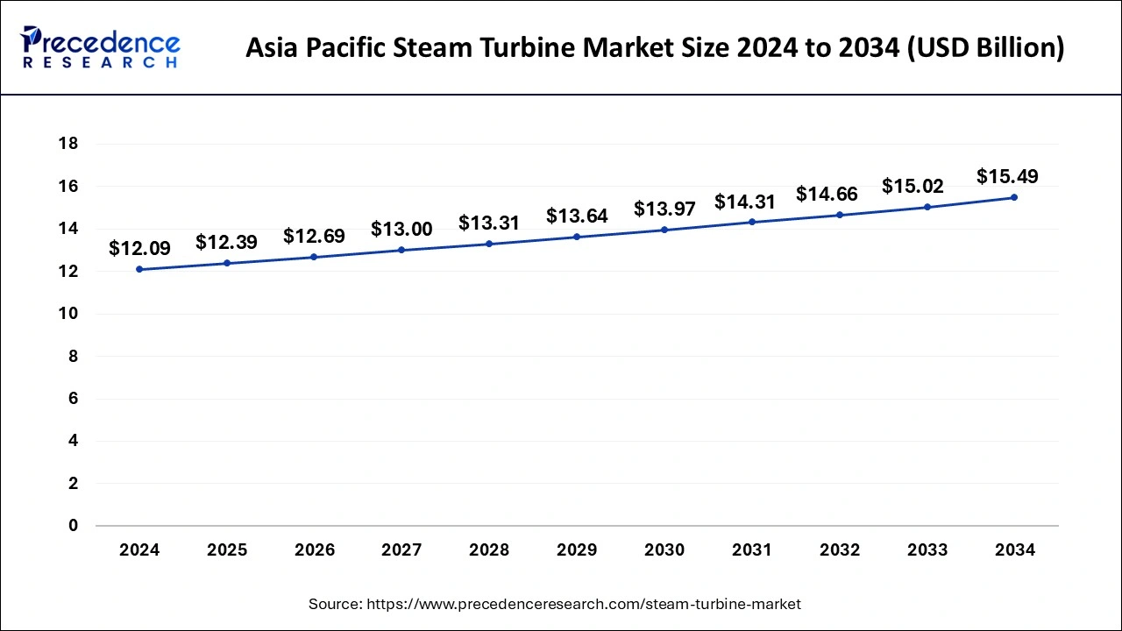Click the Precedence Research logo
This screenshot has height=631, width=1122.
(x=101, y=47)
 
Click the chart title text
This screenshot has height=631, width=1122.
(x=655, y=48)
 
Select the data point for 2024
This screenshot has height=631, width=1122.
(x=139, y=269)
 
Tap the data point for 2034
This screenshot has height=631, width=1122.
(x=1014, y=197)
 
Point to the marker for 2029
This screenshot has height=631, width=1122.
(x=577, y=237)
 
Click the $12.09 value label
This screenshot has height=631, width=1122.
(x=139, y=249)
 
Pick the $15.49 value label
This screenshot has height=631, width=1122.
(x=1007, y=176)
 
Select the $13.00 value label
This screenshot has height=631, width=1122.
(x=401, y=229)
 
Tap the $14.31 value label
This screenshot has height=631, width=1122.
(x=745, y=202)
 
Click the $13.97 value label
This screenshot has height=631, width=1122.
(x=664, y=209)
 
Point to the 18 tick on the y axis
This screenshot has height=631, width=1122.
(x=68, y=144)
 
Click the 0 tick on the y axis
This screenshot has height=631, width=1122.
(x=73, y=526)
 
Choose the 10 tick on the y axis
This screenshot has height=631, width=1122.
(x=68, y=314)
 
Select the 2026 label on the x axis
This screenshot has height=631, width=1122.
(x=315, y=550)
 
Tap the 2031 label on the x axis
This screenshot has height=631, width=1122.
(x=752, y=550)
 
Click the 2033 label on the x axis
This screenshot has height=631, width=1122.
(x=927, y=550)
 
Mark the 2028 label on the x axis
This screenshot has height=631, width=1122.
(x=489, y=550)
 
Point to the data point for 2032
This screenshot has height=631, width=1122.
(x=840, y=215)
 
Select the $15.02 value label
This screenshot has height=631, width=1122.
(x=913, y=186)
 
